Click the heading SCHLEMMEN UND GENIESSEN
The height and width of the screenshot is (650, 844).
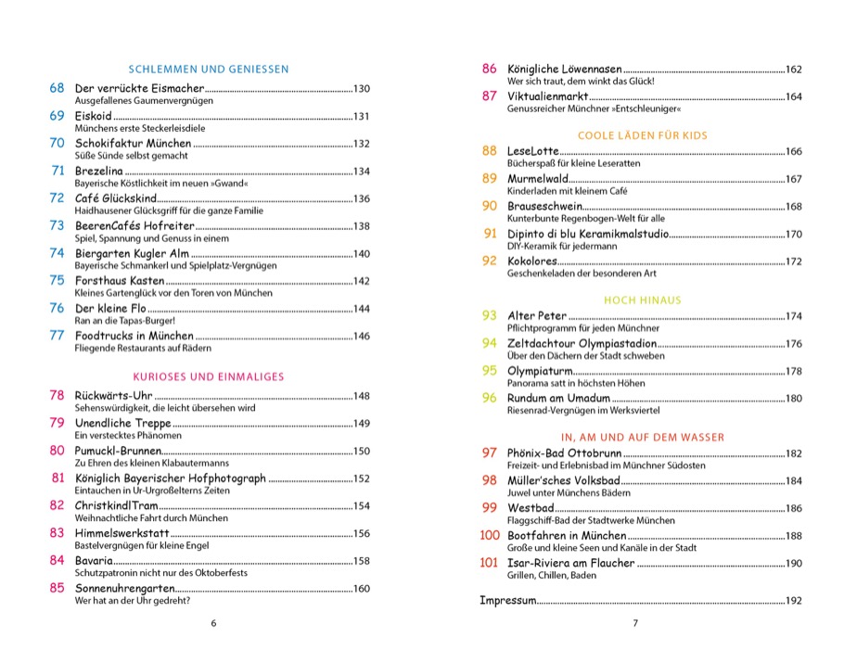[x=210, y=69]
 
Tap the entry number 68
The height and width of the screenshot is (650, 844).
[x=57, y=88]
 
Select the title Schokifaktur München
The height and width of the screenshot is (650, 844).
[x=133, y=144]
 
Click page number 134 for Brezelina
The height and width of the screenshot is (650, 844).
[x=361, y=172]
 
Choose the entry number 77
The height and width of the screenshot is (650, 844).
[x=57, y=336]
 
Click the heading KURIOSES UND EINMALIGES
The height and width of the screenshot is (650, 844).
[x=209, y=376]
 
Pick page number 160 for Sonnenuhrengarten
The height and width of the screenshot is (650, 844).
[x=361, y=589]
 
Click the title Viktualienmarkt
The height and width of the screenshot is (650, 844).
[x=547, y=96]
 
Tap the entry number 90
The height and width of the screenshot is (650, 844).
[x=490, y=206]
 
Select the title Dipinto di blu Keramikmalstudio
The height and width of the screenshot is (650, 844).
[x=588, y=234]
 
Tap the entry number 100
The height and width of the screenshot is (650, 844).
[x=489, y=535]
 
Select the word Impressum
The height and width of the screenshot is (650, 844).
[x=507, y=601]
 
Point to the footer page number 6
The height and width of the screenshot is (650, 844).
[x=213, y=623]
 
